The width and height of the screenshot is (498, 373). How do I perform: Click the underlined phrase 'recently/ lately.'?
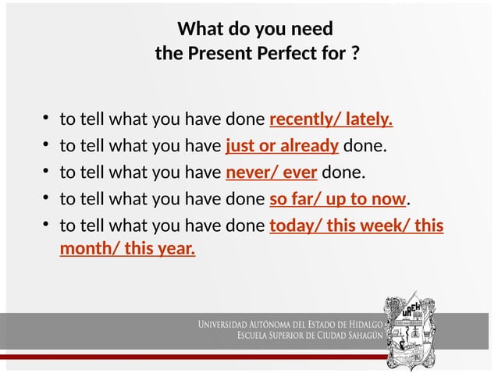tap(330, 120)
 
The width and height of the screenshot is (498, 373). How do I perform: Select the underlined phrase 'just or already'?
tap(282, 146)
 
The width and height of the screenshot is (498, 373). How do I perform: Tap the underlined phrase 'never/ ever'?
tap(272, 172)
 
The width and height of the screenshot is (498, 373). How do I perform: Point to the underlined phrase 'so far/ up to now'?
tap(338, 198)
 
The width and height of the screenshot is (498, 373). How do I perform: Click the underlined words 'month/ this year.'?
tap(128, 250)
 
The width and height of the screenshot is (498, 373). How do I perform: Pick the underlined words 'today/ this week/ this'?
tap(356, 226)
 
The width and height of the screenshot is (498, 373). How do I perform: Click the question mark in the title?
tap(355, 55)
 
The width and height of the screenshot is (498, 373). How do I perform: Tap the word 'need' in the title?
tap(311, 30)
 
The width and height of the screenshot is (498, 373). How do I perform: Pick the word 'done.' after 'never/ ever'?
tap(343, 172)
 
